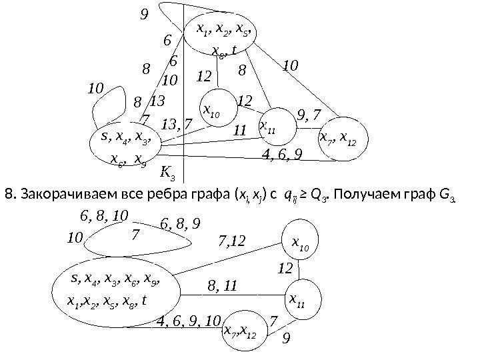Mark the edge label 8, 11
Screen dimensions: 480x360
pos(223,287)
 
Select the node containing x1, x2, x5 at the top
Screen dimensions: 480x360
pos(219,37)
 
